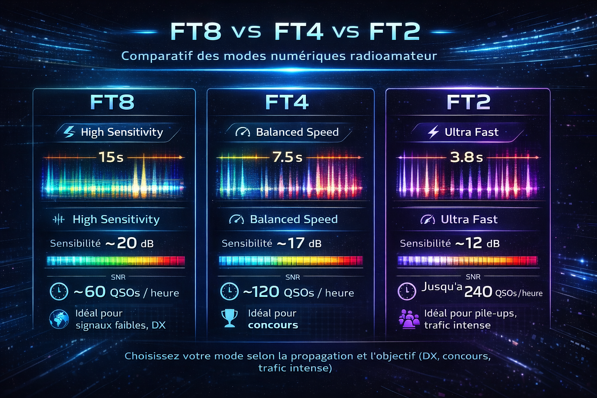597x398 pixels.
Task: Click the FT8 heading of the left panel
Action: [112, 102]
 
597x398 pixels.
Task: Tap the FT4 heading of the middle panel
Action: [287, 102]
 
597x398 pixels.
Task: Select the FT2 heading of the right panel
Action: [468, 102]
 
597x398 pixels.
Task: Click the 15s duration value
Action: [111, 157]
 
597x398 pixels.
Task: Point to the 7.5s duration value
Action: [287, 157]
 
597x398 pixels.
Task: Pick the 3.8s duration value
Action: [466, 157]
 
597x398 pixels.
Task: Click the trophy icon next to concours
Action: [229, 318]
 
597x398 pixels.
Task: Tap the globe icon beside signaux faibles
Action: [59, 319]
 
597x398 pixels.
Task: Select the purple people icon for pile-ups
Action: [409, 319]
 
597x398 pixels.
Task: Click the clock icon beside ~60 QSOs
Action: [59, 292]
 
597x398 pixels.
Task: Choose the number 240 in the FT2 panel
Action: [478, 292]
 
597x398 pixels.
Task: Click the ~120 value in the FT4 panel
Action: [261, 292]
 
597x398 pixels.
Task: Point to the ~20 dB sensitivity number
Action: [126, 243]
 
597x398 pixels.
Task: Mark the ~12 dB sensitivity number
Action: [473, 243]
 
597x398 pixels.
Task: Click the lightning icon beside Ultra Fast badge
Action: [433, 132]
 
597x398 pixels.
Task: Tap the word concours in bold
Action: [273, 325]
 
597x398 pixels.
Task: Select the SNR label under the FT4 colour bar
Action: [293, 277]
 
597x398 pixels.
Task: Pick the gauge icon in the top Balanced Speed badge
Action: [243, 132]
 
